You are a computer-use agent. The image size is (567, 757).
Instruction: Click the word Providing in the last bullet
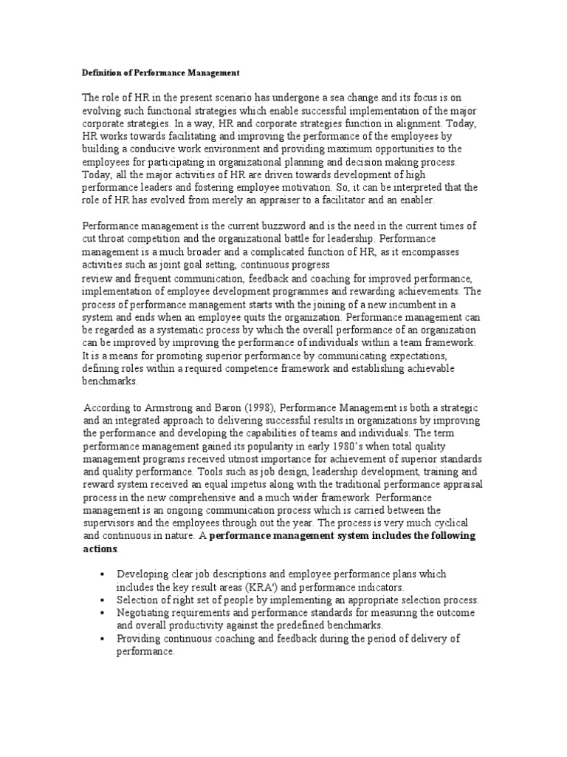[139, 639]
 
